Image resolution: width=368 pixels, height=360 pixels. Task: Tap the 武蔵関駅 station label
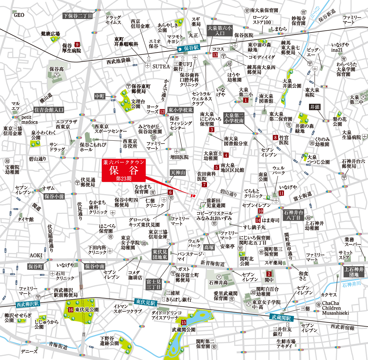point(281,318)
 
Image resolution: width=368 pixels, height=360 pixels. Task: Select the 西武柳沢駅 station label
point(28,304)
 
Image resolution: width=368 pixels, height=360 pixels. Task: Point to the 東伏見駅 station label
point(146,302)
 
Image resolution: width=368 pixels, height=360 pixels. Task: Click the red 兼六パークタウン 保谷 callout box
point(124,170)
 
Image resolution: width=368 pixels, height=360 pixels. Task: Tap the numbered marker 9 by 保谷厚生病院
point(77,44)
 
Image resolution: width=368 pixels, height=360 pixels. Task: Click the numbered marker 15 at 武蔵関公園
point(184,322)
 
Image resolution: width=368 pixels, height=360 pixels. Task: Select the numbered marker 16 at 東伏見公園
point(71,310)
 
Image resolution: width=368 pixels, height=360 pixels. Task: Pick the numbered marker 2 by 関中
point(269,274)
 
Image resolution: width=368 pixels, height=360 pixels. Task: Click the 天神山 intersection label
point(178,173)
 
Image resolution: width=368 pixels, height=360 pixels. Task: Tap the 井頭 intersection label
point(315,107)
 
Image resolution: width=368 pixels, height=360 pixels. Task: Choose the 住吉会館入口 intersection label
point(49,110)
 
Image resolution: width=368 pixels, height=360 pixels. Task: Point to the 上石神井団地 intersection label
point(354,272)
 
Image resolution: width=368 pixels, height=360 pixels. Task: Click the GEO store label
point(19,15)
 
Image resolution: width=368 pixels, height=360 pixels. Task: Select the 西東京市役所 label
point(130,144)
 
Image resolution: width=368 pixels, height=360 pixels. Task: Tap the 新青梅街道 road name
point(213,263)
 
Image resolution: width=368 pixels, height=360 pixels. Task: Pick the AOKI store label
point(36,255)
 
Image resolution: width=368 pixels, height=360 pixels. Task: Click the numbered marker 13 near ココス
point(215,55)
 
